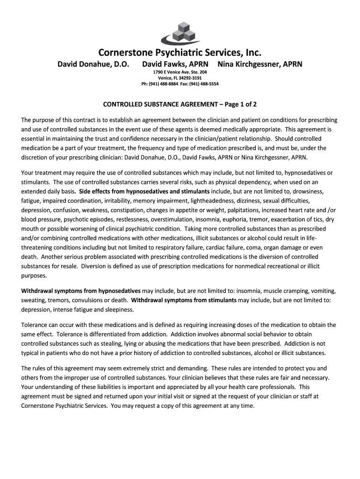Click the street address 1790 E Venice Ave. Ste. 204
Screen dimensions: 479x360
180,72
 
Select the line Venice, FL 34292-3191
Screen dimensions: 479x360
180,78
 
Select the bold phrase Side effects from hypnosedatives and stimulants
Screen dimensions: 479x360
144,192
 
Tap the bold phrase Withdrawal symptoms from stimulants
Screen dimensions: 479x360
184,300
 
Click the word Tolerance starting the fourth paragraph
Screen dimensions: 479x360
36,325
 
